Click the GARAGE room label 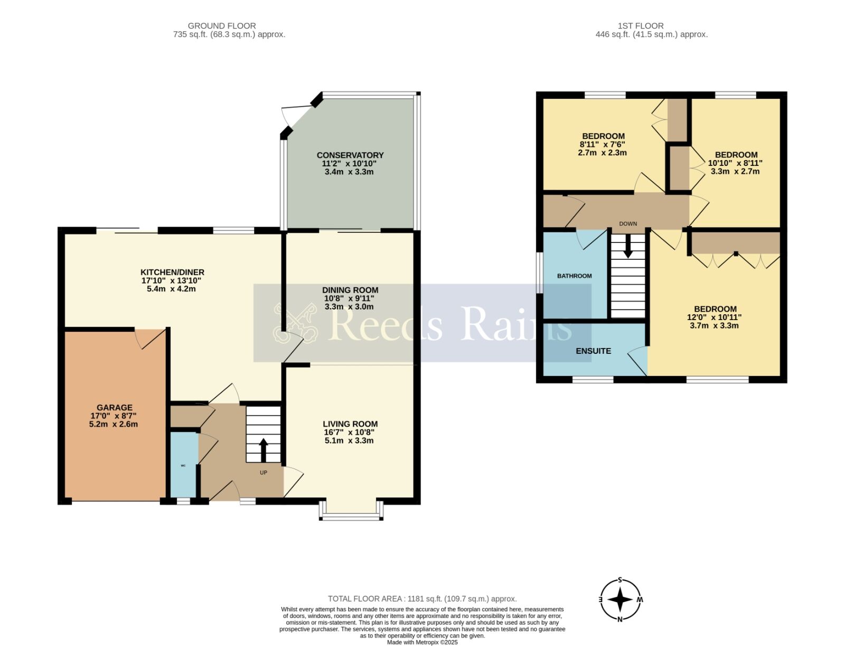click(x=114, y=407)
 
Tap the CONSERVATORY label click(x=350, y=155)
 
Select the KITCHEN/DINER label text click(x=172, y=272)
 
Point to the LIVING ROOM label click(x=350, y=424)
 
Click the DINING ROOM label click(x=350, y=290)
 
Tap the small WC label click(x=183, y=465)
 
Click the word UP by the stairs click(x=264, y=472)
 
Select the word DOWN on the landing click(x=628, y=223)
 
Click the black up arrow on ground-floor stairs click(x=264, y=450)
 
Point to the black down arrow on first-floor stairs click(x=628, y=246)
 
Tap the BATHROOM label click(x=575, y=276)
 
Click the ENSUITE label click(x=593, y=351)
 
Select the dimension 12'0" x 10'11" click(x=714, y=317)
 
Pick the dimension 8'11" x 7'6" click(x=603, y=144)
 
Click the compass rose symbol click(x=621, y=600)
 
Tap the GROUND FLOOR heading click(x=222, y=26)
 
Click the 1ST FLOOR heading click(x=641, y=26)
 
